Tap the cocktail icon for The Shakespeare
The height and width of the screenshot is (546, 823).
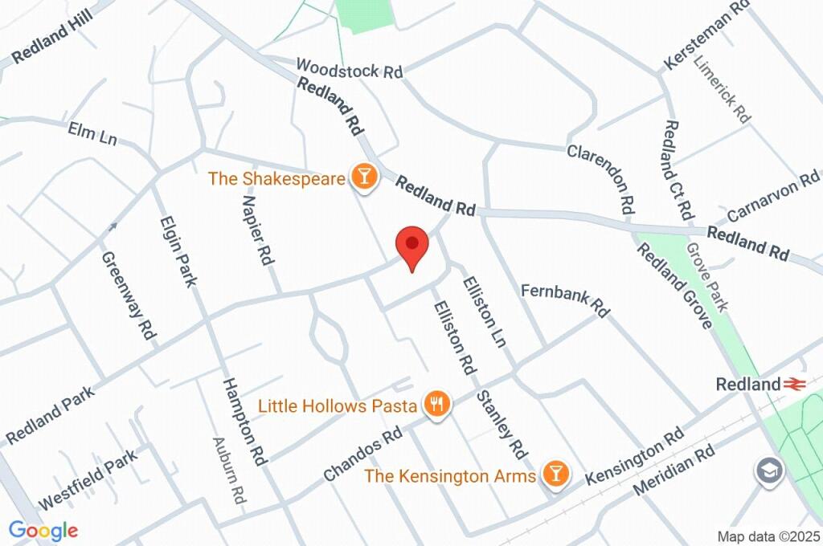(x=364, y=178)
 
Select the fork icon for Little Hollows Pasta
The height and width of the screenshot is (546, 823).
(x=437, y=405)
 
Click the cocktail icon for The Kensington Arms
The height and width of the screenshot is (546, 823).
(x=554, y=475)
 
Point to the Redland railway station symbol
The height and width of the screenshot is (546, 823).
(x=796, y=385)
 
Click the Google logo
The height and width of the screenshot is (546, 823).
(x=43, y=530)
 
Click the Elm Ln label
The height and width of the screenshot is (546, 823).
(x=92, y=134)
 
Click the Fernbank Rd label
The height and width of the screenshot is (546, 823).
(x=566, y=299)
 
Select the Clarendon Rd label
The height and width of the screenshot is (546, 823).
(x=603, y=178)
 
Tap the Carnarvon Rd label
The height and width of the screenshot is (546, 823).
(x=772, y=197)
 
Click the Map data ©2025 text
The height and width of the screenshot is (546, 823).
(x=769, y=536)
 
